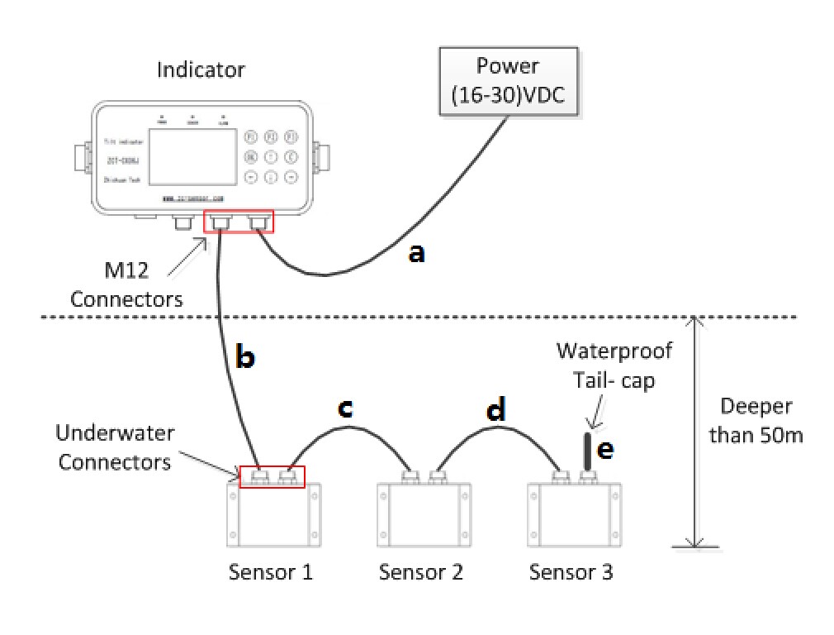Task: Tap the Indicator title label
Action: pos(201,69)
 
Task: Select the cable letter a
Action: pos(417,253)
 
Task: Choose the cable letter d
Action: pos(496,409)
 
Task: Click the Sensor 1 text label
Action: pos(271,572)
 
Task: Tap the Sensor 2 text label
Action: pos(421,572)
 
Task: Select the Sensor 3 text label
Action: pos(571,572)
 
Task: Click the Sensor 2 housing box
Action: pos(422,514)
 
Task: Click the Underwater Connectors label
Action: pos(113,446)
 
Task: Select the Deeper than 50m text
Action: pos(756,420)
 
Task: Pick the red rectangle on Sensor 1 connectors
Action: pos(271,476)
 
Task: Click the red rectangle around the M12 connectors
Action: pos(239,222)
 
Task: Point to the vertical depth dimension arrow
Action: pos(696,430)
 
